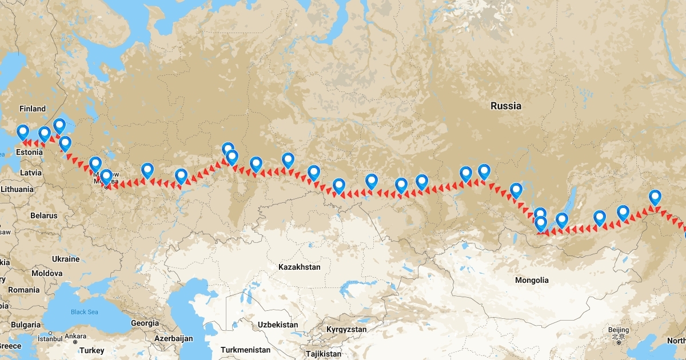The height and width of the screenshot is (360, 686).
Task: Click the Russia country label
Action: click(x=506, y=106)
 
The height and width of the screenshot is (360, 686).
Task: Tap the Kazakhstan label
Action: click(x=299, y=267)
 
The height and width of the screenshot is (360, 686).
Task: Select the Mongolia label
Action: click(x=532, y=280)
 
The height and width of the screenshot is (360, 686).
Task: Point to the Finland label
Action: click(x=32, y=109)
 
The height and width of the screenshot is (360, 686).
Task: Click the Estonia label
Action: click(x=29, y=153)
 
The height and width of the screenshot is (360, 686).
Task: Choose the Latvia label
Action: click(x=30, y=172)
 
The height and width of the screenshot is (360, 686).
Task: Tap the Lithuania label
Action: click(x=17, y=189)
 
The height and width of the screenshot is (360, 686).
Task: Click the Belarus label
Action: click(x=45, y=215)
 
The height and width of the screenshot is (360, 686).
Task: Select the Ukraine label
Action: click(x=66, y=259)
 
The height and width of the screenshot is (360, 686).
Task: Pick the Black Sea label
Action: click(x=85, y=311)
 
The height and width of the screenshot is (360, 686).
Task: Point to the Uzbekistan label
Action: click(x=278, y=325)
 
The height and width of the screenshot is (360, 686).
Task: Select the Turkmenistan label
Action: click(x=245, y=350)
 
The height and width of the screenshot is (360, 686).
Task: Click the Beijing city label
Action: click(x=619, y=330)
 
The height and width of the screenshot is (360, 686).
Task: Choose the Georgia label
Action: click(x=145, y=323)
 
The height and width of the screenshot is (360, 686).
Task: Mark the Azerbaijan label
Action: click(x=173, y=338)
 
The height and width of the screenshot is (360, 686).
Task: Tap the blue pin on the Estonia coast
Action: click(x=23, y=132)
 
